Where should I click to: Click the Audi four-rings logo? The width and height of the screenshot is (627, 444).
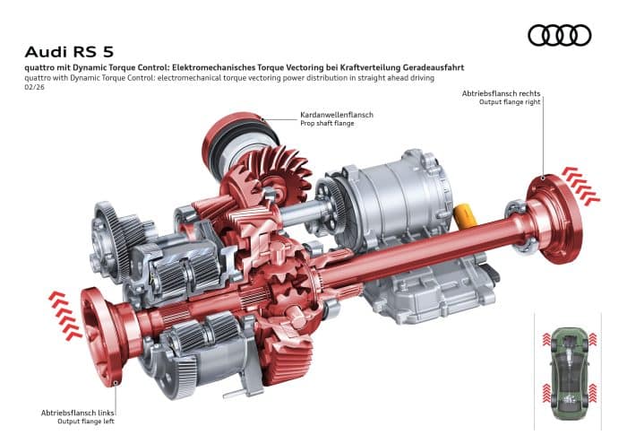tap(560, 35)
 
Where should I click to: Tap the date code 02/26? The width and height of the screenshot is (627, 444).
tap(38, 88)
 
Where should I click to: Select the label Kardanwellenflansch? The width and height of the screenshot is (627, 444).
tap(337, 115)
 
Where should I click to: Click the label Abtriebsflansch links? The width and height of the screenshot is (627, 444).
tap(79, 412)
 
